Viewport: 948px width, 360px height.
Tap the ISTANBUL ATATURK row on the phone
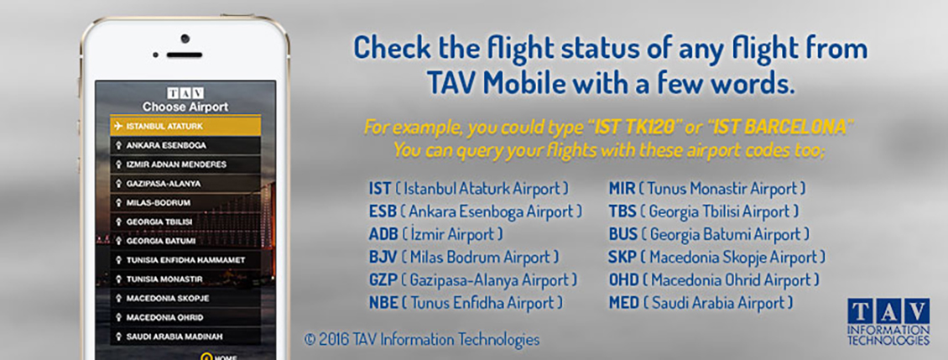[185, 127]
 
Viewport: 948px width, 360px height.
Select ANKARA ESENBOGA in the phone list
[185, 146]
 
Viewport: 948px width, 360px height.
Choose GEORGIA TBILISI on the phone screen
[185, 222]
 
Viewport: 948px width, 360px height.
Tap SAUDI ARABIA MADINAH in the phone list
[185, 337]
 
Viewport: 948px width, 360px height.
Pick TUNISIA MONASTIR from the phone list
[185, 279]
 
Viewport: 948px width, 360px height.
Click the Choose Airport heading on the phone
[185, 107]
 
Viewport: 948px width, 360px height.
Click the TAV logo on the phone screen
[185, 93]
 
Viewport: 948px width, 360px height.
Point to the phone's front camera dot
[185, 38]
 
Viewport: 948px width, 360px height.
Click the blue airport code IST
[380, 189]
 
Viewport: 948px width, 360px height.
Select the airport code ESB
[383, 211]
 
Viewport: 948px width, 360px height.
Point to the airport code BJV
[383, 257]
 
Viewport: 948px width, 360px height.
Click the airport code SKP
[622, 257]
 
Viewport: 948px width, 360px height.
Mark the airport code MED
[624, 303]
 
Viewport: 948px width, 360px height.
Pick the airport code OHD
[623, 280]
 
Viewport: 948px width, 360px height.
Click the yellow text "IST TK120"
[627, 128]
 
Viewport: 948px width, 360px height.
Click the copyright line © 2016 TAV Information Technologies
[422, 339]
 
